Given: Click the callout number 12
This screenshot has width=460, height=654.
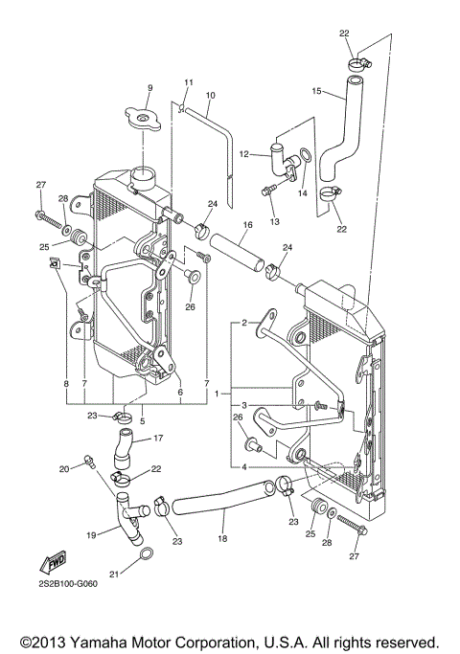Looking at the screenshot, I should coord(243,154).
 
